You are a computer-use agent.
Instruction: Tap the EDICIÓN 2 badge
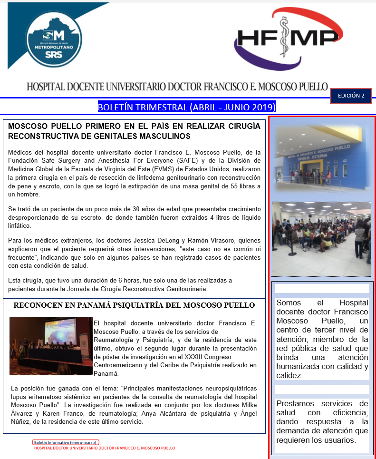click(x=351, y=96)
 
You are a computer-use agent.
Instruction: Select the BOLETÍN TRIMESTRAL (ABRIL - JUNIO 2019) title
click(x=186, y=107)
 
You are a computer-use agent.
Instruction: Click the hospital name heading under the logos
click(x=177, y=87)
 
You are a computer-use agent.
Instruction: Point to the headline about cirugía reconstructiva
click(x=134, y=131)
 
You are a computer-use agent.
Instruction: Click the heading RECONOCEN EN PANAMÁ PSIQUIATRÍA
click(x=134, y=305)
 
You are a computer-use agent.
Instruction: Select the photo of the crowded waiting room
click(x=321, y=239)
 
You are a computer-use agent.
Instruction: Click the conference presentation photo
click(x=51, y=346)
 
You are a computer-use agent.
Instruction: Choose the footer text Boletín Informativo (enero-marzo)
click(x=66, y=442)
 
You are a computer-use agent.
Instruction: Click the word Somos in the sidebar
click(x=289, y=303)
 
